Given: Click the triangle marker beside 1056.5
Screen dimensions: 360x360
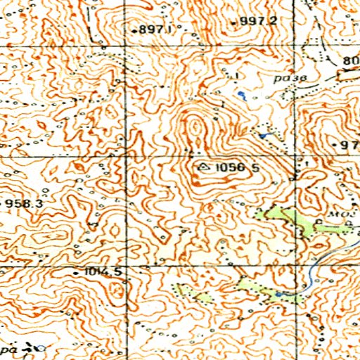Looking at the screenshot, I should (x=204, y=167).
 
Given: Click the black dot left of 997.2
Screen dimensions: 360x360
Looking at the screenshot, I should (x=234, y=22).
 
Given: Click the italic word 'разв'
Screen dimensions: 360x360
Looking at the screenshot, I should (x=287, y=79).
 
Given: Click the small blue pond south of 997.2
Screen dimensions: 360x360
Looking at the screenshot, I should (x=242, y=93).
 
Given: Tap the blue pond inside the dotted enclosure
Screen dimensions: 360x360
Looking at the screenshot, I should (x=265, y=134).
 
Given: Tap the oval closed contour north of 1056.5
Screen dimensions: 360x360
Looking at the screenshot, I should (x=195, y=127).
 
